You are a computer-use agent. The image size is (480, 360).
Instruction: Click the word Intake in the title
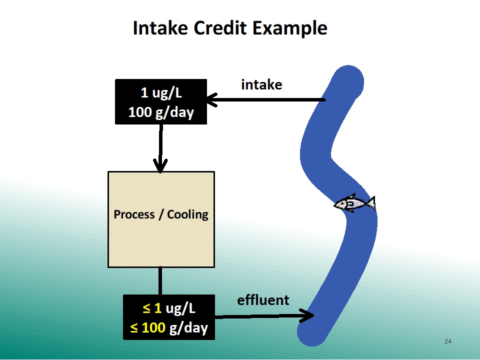[x=160, y=28]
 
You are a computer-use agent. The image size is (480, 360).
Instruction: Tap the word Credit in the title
[x=220, y=28]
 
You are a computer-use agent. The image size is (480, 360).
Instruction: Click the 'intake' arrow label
[x=261, y=85]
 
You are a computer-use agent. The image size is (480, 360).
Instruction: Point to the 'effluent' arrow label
[x=263, y=299]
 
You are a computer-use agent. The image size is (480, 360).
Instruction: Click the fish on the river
[x=354, y=203]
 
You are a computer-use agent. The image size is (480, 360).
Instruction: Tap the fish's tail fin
[x=371, y=203]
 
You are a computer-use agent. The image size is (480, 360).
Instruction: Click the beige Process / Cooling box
[x=161, y=219]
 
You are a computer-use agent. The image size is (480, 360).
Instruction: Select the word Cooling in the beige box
[x=187, y=214]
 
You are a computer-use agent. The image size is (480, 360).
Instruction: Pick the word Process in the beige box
[x=134, y=214]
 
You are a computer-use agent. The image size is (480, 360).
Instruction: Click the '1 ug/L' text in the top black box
[x=161, y=93]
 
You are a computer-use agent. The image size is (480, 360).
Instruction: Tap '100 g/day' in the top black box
[x=161, y=112]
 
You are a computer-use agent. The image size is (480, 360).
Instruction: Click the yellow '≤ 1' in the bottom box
[x=152, y=308]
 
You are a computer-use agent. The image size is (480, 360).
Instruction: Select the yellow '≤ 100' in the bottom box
[x=148, y=327]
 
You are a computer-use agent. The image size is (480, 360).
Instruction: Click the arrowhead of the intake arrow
[x=212, y=100]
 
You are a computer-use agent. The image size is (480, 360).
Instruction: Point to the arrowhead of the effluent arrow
[x=306, y=315]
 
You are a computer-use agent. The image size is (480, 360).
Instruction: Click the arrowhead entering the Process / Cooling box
[x=160, y=165]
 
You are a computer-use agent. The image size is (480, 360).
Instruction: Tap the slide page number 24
[x=447, y=341]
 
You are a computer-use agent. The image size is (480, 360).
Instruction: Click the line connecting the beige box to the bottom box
[x=160, y=281]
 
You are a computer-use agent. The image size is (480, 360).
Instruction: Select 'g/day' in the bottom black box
[x=188, y=328]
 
